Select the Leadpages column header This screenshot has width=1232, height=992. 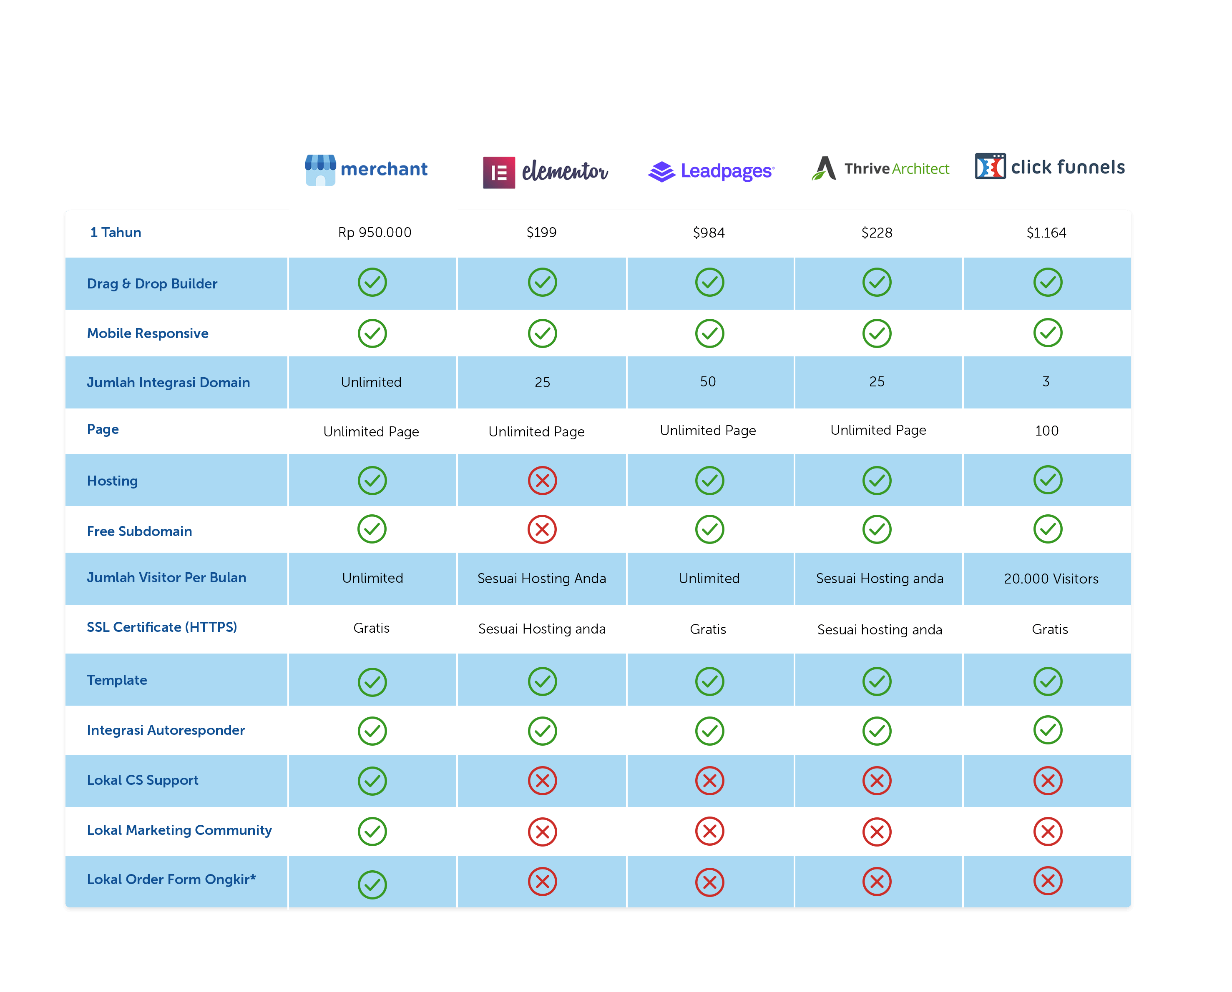(712, 170)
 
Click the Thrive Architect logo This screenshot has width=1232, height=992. (880, 168)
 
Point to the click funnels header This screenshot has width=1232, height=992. (1049, 168)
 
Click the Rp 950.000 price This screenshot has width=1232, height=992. (375, 233)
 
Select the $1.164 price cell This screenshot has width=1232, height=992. (1046, 233)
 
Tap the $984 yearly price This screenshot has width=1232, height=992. (709, 233)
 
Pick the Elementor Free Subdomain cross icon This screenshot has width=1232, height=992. (542, 530)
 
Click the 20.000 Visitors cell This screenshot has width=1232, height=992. (1051, 579)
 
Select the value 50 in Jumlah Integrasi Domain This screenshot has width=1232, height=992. (708, 382)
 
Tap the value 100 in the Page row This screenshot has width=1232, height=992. (1046, 431)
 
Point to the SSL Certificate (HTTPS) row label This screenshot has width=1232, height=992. (162, 627)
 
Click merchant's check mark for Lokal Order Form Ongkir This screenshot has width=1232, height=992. (372, 884)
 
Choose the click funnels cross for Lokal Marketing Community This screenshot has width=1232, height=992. (1047, 832)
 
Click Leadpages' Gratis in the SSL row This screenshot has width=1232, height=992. (708, 629)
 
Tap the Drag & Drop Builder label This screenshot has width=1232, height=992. (152, 284)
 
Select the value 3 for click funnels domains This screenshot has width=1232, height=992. (1046, 382)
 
